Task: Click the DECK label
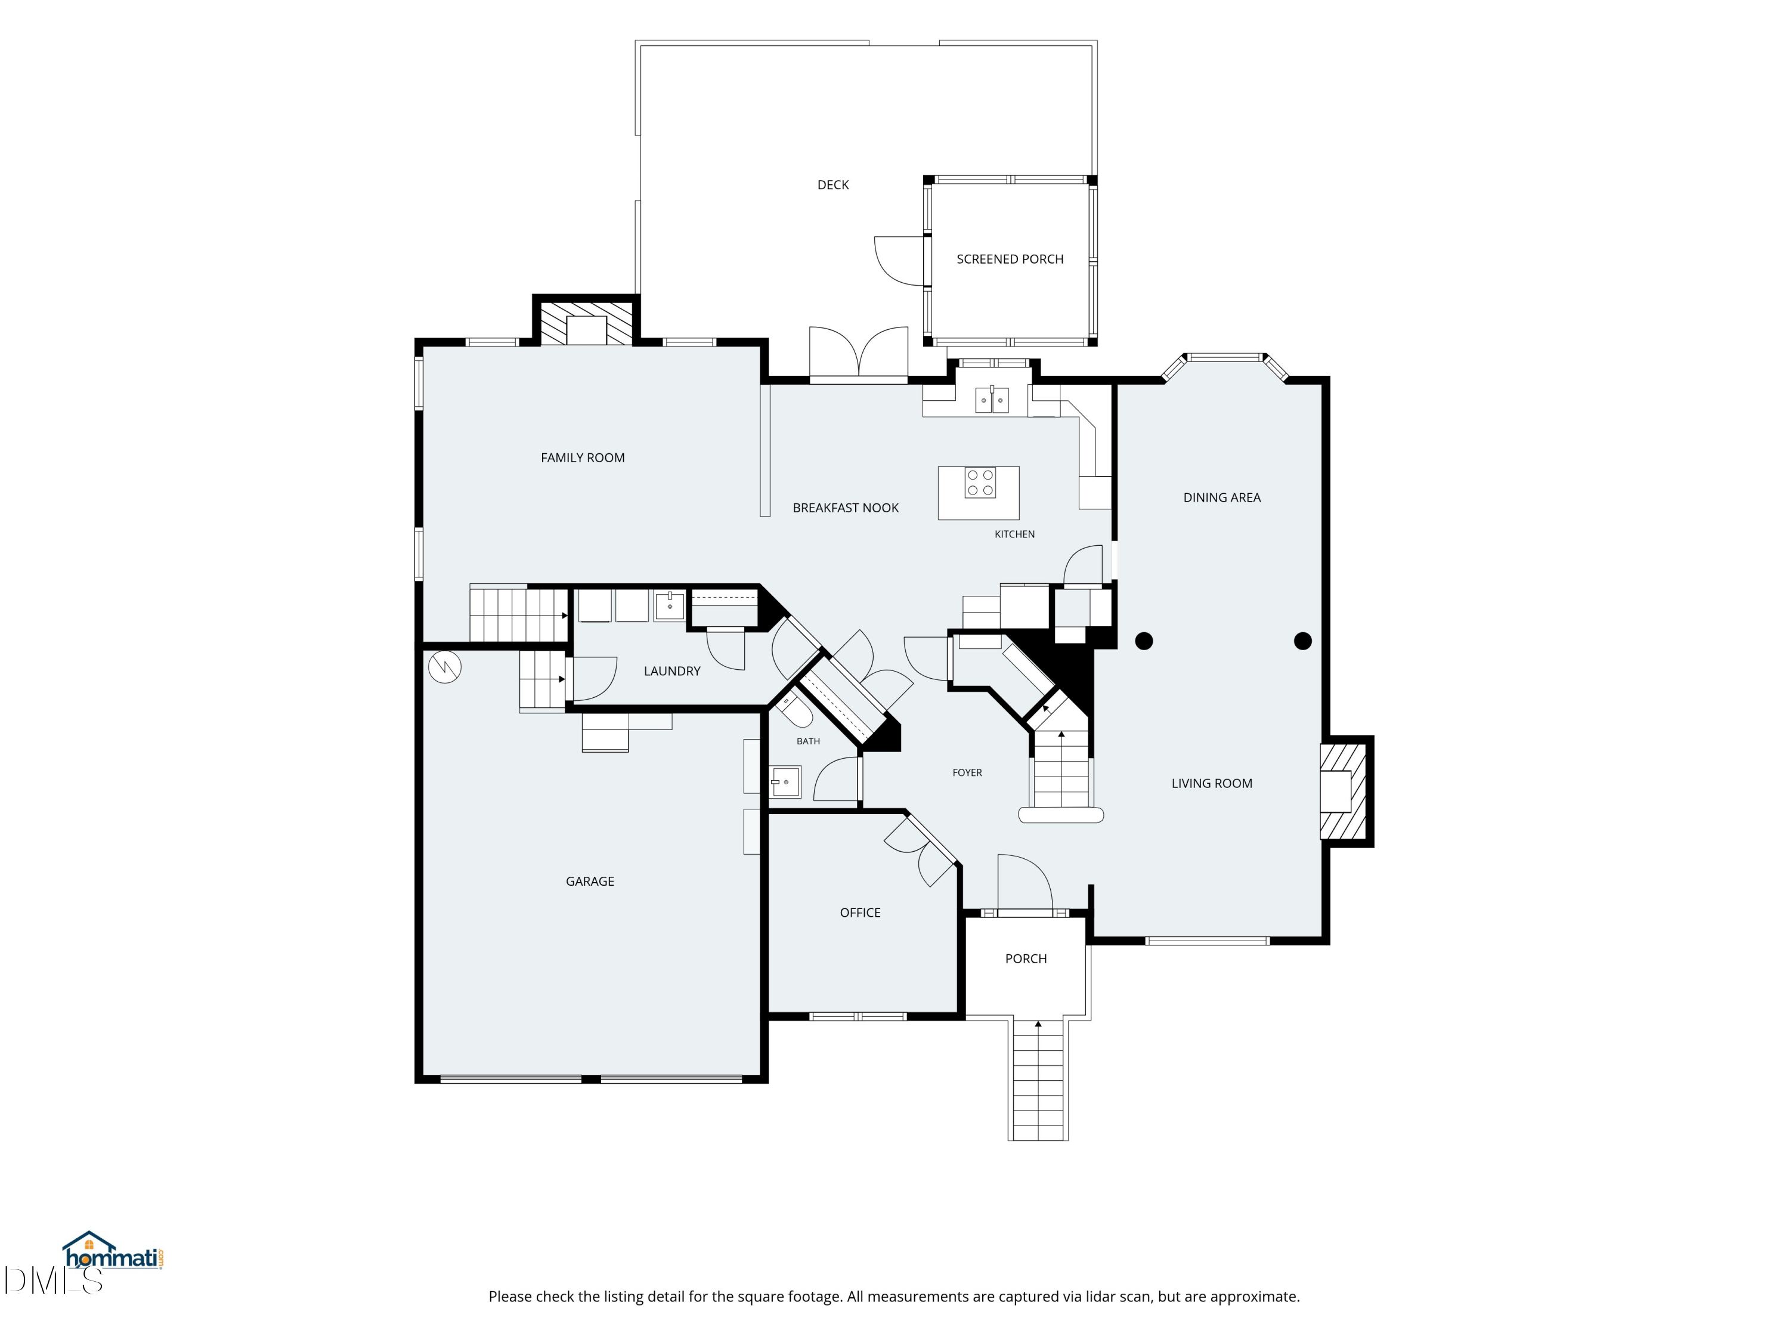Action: [x=833, y=185]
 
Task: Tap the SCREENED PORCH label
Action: [x=1010, y=259]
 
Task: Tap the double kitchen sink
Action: [x=992, y=400]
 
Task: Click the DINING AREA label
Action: [x=1221, y=497]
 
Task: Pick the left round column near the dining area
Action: [x=1144, y=641]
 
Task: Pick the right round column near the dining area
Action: [x=1302, y=641]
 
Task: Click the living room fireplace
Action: [x=1344, y=791]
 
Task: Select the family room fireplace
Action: [x=586, y=323]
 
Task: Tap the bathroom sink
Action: [x=784, y=782]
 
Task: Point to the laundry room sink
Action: [x=669, y=606]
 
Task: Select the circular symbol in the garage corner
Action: [x=444, y=667]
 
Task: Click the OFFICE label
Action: [x=860, y=913]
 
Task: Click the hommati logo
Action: [x=113, y=1253]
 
